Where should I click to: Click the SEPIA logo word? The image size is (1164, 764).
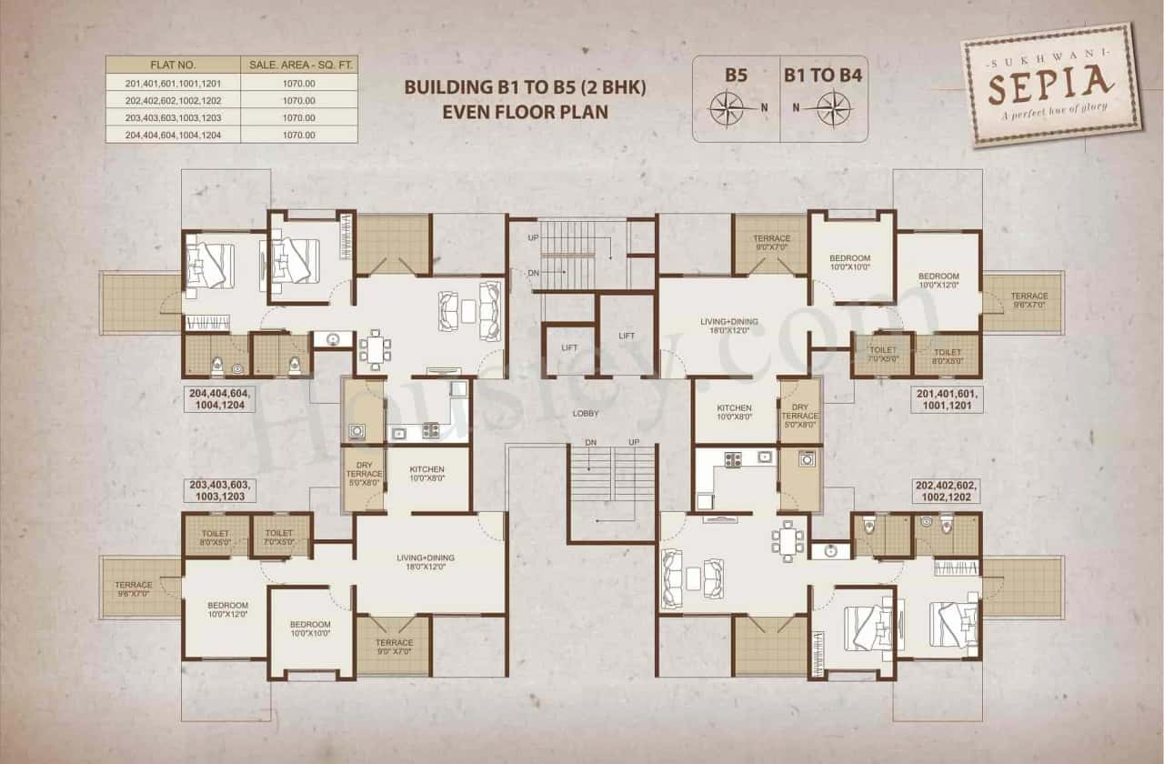click(x=1050, y=88)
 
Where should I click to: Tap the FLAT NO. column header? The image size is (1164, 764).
click(x=172, y=65)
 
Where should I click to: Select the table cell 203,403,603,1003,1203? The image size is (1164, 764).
click(x=172, y=117)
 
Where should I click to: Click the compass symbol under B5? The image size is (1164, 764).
click(x=727, y=108)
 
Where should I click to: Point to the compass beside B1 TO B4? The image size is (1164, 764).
click(x=833, y=108)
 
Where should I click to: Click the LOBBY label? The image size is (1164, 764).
click(x=585, y=413)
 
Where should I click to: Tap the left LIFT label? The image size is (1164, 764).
click(x=569, y=347)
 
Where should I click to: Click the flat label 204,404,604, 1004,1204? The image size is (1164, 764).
click(x=221, y=399)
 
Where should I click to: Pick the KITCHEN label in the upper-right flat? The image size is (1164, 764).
click(x=734, y=412)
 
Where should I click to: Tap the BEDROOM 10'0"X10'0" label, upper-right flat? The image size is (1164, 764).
click(x=850, y=263)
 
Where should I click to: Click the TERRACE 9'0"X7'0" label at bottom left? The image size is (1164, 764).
click(x=394, y=648)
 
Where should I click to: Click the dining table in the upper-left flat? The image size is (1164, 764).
click(x=374, y=348)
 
